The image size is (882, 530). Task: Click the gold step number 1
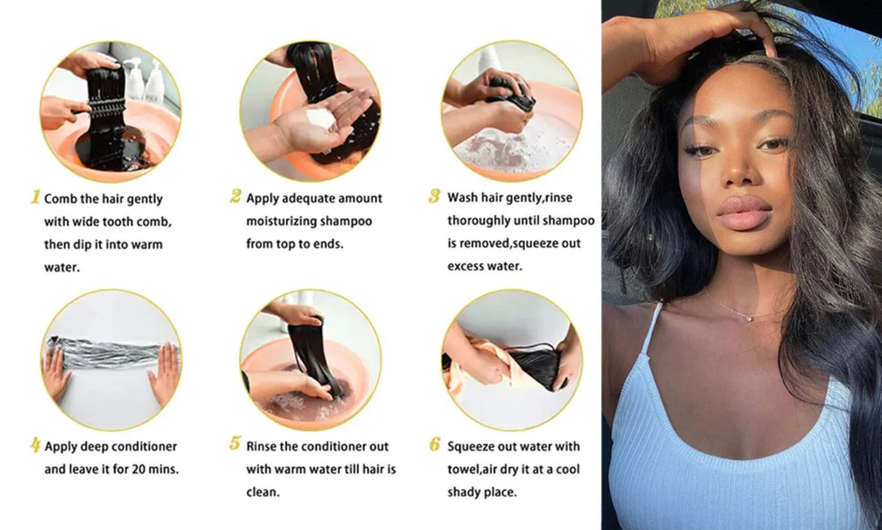tap(35, 197)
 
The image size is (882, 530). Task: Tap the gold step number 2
tap(236, 196)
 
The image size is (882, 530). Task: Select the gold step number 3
tap(434, 196)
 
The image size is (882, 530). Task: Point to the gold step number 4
tap(35, 444)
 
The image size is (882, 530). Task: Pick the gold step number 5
tap(234, 444)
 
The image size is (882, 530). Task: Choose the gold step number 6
tap(435, 444)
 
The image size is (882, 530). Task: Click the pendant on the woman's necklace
tap(749, 318)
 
